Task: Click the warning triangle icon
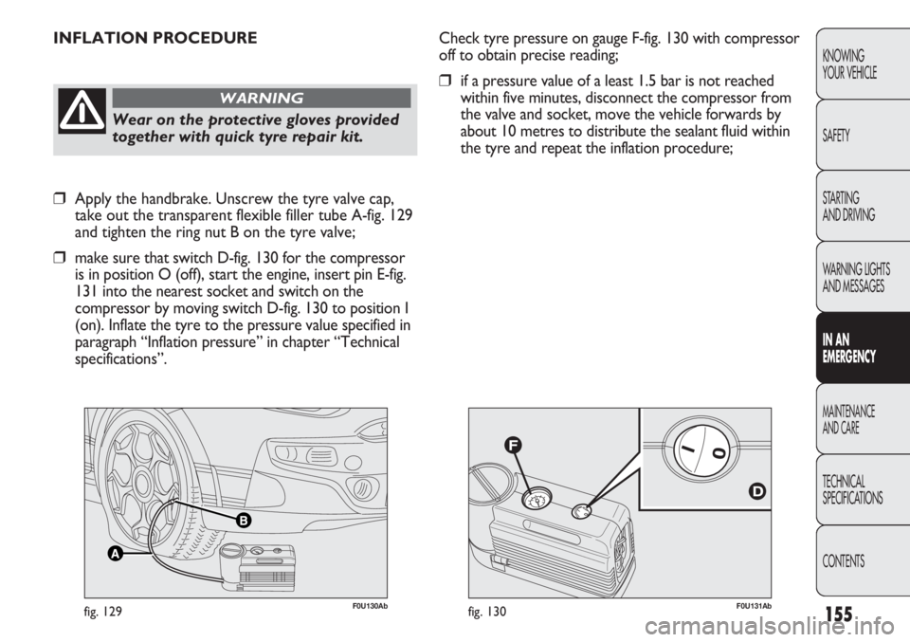pyautogui.click(x=81, y=117)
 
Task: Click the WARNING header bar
pyautogui.click(x=261, y=98)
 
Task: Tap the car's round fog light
pyautogui.click(x=359, y=491)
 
